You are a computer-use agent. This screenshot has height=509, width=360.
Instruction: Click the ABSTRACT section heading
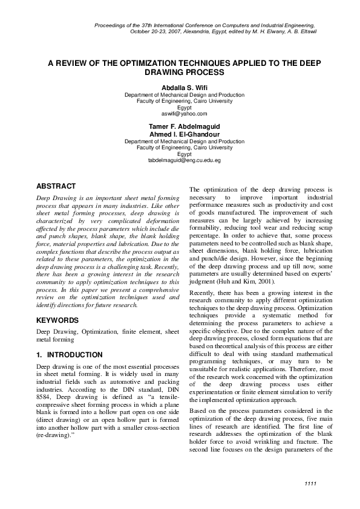coord(56,186)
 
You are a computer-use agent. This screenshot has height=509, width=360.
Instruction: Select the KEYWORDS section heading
coord(57,320)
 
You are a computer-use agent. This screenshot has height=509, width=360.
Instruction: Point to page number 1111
coord(310,484)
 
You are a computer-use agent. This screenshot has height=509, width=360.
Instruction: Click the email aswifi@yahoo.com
coord(184,113)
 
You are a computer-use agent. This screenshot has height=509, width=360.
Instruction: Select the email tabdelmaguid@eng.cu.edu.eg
coord(184,160)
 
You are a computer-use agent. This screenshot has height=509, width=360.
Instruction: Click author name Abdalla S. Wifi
coord(184,88)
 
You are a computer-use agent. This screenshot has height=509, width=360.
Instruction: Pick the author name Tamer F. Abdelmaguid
coord(184,128)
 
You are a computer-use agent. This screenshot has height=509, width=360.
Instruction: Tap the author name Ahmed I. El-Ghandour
coord(184,134)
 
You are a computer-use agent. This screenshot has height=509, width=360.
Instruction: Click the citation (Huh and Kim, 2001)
coord(241,281)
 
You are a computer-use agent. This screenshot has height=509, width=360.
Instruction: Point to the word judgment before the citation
coord(205,281)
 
